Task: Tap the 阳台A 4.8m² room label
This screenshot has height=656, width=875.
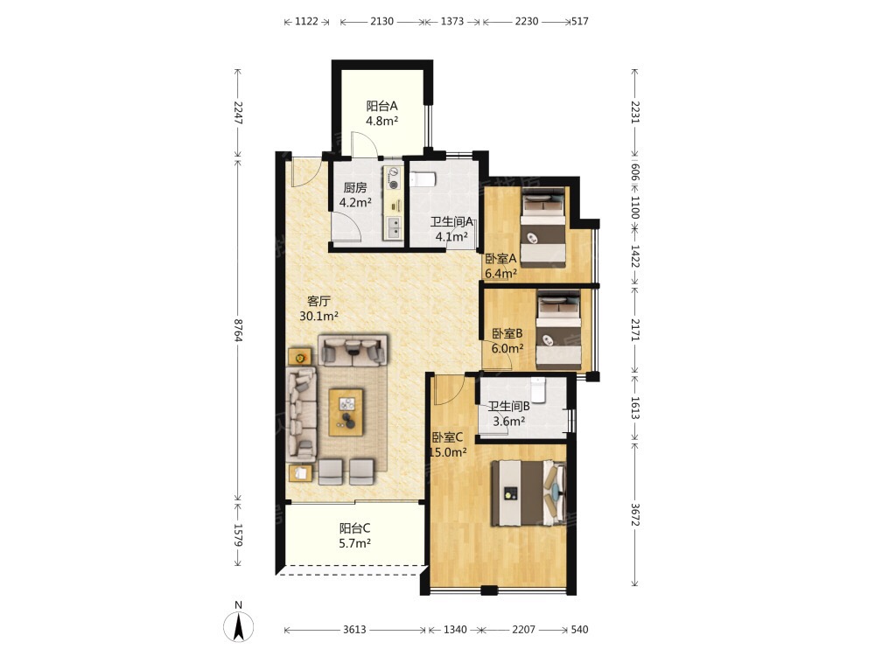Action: point(381,113)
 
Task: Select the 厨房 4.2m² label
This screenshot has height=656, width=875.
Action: point(355,195)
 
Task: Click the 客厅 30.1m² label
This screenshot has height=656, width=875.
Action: point(318,309)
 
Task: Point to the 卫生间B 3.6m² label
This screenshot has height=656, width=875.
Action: point(509,414)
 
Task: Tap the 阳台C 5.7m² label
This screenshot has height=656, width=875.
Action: point(355,535)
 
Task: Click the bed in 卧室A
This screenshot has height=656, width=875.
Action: point(543,227)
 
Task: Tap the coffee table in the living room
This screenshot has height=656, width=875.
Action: point(346,412)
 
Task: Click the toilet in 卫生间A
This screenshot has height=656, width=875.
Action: point(423,179)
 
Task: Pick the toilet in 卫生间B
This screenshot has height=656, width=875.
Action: point(538,390)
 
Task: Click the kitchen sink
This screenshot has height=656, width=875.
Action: point(394,227)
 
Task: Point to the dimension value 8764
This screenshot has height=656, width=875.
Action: point(238,331)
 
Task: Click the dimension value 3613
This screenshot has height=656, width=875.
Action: point(354,630)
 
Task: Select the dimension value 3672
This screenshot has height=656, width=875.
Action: point(635,515)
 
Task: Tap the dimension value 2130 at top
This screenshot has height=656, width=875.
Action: point(381,21)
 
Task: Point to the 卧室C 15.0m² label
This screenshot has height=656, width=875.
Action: point(447,444)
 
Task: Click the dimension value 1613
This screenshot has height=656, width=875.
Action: point(635,408)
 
